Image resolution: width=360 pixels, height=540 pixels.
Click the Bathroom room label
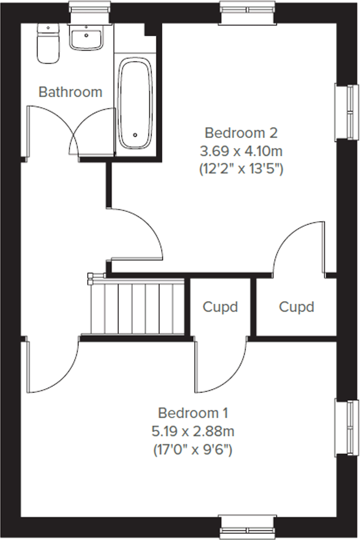coord(70,92)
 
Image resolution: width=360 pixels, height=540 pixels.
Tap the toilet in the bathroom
coord(48,43)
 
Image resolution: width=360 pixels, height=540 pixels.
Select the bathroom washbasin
coord(86,37)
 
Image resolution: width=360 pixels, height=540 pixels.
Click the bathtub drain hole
coord(135,135)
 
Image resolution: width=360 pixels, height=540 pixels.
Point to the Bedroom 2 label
coord(241,133)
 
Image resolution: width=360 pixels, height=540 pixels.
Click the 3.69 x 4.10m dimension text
coord(241,151)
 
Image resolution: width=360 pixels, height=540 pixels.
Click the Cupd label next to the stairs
coord(220,307)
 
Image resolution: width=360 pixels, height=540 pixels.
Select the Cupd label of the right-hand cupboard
coord(296,307)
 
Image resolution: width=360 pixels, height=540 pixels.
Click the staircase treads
coord(136,307)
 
